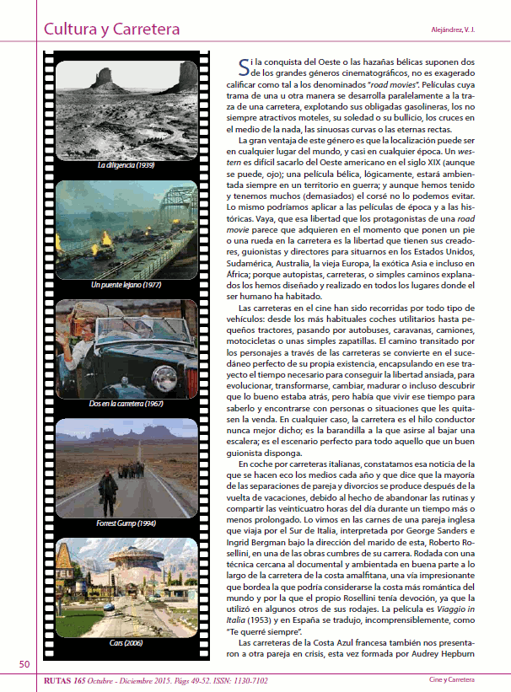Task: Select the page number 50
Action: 24,663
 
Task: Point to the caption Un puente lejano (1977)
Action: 126,285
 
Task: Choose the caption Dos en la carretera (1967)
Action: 126,404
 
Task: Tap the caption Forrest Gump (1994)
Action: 126,524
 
